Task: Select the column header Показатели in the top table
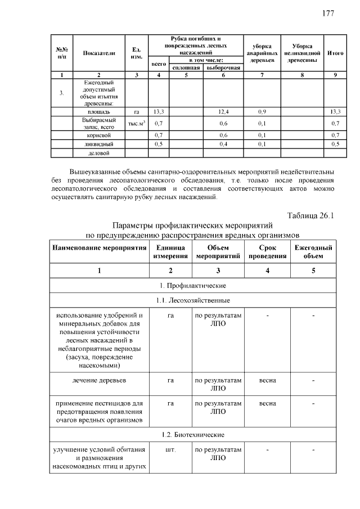(99, 53)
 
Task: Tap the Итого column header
(335, 53)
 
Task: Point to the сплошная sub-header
(186, 67)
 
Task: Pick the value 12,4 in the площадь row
(223, 112)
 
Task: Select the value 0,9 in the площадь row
(262, 112)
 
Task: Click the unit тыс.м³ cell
(136, 123)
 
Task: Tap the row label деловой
(99, 152)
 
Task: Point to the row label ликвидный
(99, 144)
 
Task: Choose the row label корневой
(99, 135)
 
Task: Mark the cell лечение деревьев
(99, 380)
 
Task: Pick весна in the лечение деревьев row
(267, 380)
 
